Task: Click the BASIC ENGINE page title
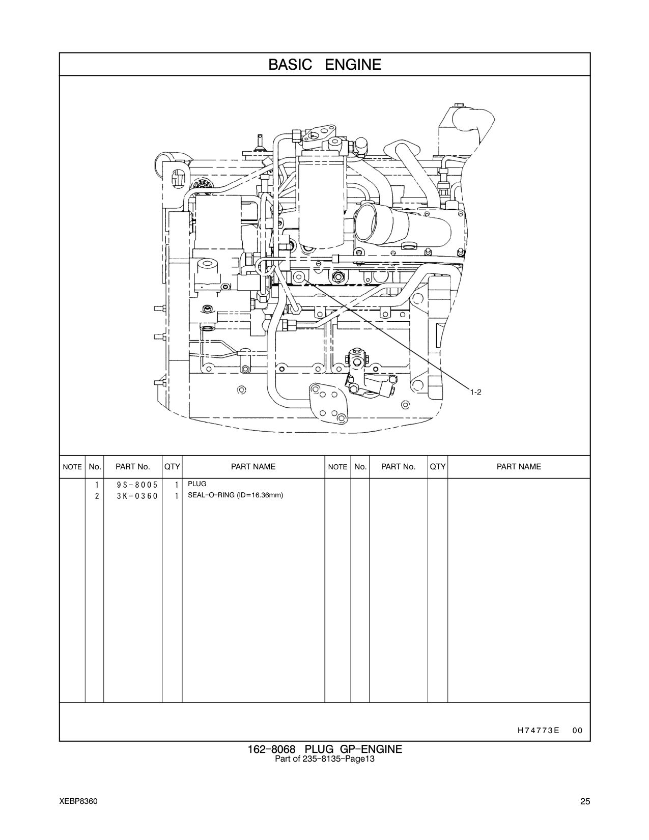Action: coord(325,65)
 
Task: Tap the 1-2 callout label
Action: coord(476,393)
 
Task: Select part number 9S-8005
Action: coord(137,485)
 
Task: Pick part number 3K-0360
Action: coord(137,496)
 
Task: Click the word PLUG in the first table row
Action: coord(197,484)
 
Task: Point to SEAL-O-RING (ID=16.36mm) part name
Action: coord(235,495)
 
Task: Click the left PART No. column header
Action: coord(132,466)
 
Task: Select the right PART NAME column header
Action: coord(519,466)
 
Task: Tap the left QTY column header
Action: coord(172,466)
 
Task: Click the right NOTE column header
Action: coord(337,467)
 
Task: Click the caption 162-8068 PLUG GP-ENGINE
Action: coord(325,749)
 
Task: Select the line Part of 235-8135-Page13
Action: coord(325,759)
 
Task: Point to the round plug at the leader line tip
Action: coord(298,277)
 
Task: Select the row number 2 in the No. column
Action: coord(97,496)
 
